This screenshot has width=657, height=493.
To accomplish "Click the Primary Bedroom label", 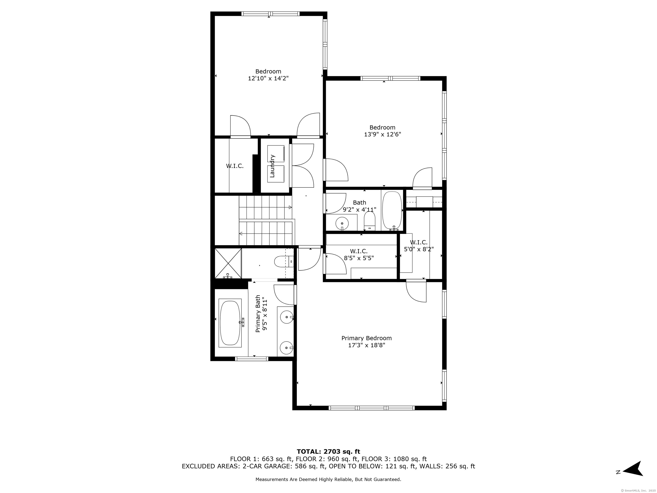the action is point(367,338).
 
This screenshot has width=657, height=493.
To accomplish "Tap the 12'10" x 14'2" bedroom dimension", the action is point(268,79).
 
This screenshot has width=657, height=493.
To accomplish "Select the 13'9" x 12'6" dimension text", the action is point(383,134).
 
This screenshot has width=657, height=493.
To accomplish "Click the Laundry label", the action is point(272,166).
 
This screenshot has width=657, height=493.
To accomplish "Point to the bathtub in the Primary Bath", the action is point(230,323).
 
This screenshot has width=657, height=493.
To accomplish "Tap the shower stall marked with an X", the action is point(228,263).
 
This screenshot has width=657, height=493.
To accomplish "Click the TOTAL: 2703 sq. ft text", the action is point(328,452).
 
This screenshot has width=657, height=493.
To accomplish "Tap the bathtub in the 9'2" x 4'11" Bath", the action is point(392,211).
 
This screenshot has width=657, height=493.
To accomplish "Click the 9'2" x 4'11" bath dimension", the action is point(359,209).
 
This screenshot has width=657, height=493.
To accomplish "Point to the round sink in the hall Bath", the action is point(342,223).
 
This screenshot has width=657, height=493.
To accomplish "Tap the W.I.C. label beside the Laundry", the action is point(235,166).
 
